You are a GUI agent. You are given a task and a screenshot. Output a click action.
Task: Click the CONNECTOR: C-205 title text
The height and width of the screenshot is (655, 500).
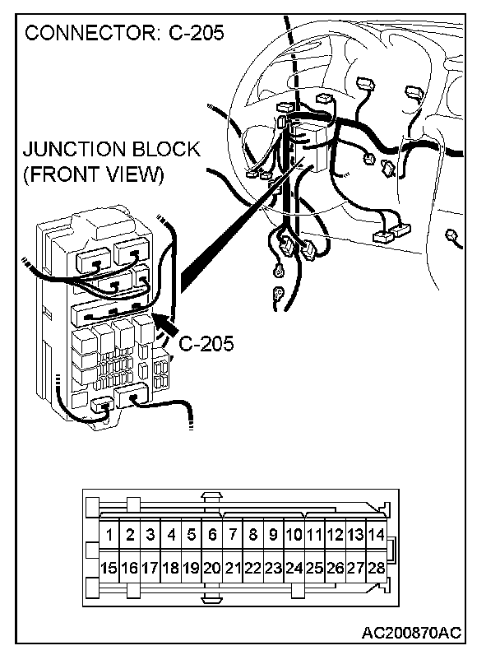pyautogui.click(x=124, y=34)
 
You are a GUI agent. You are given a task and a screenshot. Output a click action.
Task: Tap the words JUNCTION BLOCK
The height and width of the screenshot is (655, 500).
pyautogui.click(x=112, y=150)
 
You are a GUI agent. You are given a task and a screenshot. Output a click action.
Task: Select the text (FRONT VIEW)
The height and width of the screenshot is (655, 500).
pyautogui.click(x=93, y=174)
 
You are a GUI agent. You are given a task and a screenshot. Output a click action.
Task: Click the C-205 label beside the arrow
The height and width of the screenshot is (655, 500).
pyautogui.click(x=206, y=343)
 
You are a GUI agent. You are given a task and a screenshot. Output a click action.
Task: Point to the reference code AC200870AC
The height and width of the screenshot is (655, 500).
pyautogui.click(x=410, y=632)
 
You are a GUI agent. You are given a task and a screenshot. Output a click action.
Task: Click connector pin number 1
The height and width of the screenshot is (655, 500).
pyautogui.click(x=109, y=535)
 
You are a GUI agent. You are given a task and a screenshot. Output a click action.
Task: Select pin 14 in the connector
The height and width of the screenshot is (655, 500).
pyautogui.click(x=376, y=535)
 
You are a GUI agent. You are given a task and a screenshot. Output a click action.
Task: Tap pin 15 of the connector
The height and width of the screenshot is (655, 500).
pyautogui.click(x=109, y=568)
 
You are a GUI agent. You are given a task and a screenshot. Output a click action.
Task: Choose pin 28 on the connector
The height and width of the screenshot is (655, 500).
pyautogui.click(x=376, y=568)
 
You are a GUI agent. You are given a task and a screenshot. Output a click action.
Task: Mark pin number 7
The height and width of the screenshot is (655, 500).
pyautogui.click(x=233, y=535)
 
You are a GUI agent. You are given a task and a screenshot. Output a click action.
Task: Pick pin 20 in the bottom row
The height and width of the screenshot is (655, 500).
pyautogui.click(x=211, y=568)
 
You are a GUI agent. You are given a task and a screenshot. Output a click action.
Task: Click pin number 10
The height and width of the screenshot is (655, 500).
pyautogui.click(x=294, y=535)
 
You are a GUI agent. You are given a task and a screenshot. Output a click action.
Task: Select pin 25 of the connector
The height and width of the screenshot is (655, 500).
pyautogui.click(x=314, y=568)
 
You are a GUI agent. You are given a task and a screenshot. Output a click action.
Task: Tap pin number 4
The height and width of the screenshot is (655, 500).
pyautogui.click(x=171, y=535)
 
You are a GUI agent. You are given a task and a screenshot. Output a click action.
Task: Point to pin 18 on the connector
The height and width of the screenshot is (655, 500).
pyautogui.click(x=170, y=568)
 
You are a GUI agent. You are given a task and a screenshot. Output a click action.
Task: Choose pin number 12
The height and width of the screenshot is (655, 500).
pyautogui.click(x=335, y=535)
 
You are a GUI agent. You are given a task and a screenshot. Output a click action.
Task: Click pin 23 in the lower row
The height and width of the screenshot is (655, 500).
pyautogui.click(x=273, y=568)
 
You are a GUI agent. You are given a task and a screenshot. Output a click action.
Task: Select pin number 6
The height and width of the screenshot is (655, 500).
pyautogui.click(x=212, y=535)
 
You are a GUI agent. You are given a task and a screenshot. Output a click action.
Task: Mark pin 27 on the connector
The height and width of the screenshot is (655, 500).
pyautogui.click(x=355, y=568)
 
